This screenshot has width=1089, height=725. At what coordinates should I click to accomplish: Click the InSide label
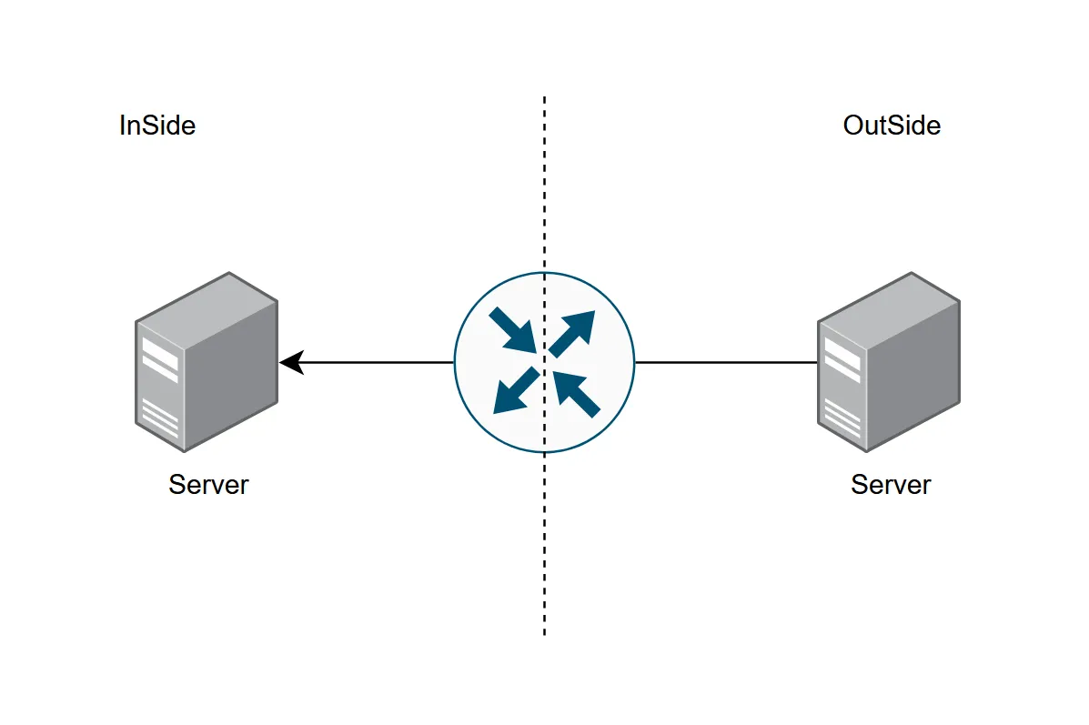(x=157, y=126)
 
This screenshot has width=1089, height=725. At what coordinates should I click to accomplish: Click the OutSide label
(x=892, y=126)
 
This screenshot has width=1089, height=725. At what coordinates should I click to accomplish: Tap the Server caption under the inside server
(x=208, y=485)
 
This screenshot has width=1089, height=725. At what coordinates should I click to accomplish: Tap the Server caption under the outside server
(x=891, y=485)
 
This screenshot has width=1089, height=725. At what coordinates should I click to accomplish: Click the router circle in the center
(x=544, y=362)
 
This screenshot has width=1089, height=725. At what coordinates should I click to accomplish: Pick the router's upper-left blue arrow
(x=512, y=330)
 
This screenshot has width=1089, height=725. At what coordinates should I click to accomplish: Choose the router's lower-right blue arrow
(x=577, y=393)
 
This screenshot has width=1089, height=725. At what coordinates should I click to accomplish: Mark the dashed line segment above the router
(x=544, y=182)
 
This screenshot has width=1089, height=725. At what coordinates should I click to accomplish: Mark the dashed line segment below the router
(x=544, y=546)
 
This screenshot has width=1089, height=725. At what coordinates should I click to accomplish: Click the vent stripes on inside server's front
(x=159, y=418)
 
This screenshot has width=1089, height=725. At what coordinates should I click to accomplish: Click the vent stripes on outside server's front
(x=841, y=418)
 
